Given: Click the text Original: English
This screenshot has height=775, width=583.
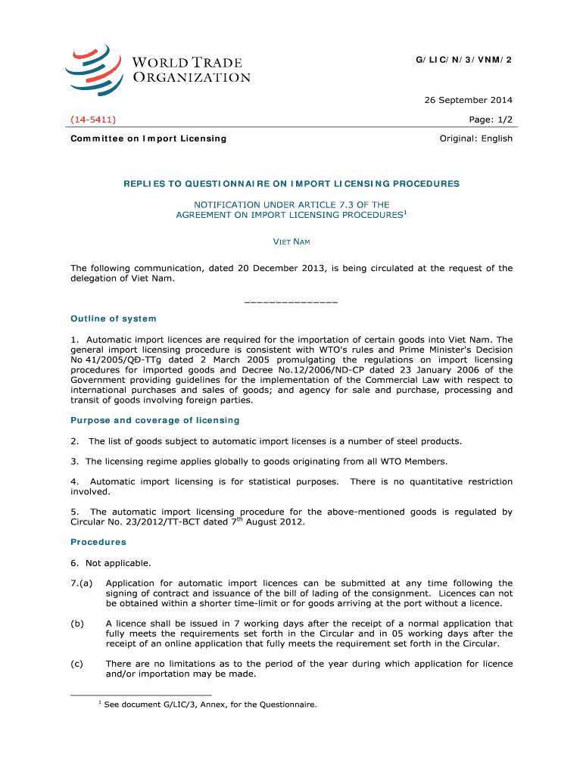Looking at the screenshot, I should [x=476, y=139].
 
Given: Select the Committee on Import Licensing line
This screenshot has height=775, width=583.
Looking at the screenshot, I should [x=148, y=139].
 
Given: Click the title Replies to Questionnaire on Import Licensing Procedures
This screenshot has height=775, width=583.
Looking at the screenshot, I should [x=291, y=184].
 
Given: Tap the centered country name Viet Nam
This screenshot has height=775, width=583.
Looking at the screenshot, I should [x=291, y=241].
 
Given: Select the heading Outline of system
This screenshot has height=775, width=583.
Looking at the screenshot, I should [x=114, y=319].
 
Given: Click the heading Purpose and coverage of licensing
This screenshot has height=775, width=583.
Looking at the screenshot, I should [x=155, y=420].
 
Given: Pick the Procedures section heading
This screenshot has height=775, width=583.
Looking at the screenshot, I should [x=98, y=542].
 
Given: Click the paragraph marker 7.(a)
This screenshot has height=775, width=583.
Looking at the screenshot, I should [x=82, y=584].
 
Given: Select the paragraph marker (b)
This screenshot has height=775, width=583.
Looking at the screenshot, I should [x=76, y=624].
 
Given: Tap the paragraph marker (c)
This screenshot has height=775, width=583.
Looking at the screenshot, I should [x=76, y=664].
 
